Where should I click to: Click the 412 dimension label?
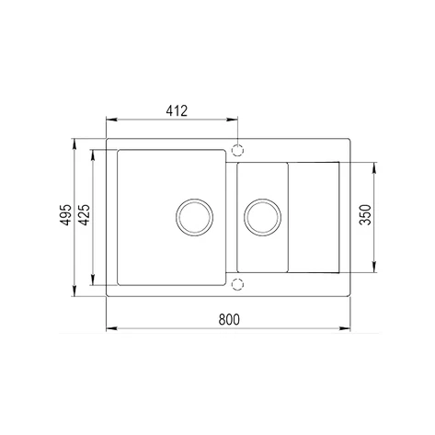[x=177, y=110]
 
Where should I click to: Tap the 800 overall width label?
[x=229, y=320]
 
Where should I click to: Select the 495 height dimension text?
[x=66, y=215]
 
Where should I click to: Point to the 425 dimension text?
[x=85, y=215]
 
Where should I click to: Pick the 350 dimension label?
[x=365, y=215]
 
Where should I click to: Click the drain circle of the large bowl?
[x=195, y=217]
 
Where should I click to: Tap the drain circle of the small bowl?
[x=263, y=217]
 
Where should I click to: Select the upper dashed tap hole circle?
[x=237, y=151]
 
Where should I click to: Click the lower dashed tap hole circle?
[x=237, y=284]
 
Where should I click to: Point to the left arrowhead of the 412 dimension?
[x=111, y=120]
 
